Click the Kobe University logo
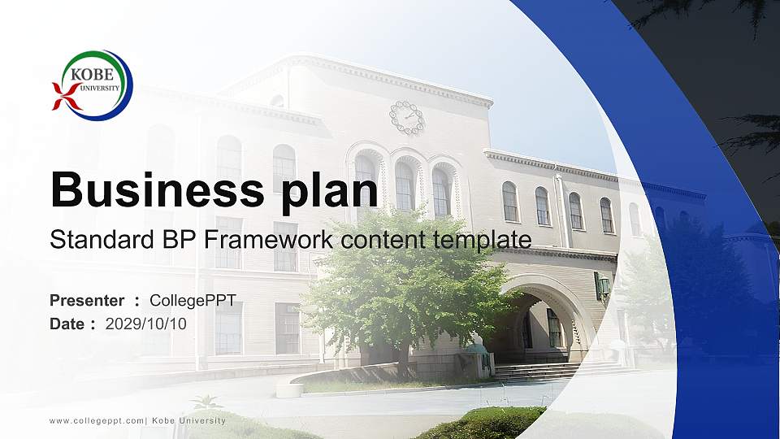point(93,85)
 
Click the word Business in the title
point(151,190)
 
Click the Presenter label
point(87,301)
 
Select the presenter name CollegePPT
point(193,301)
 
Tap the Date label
point(67,324)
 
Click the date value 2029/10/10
point(146,324)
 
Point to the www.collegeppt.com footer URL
point(96,420)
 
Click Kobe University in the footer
point(189,420)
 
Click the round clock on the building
point(407,117)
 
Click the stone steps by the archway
point(552,371)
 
